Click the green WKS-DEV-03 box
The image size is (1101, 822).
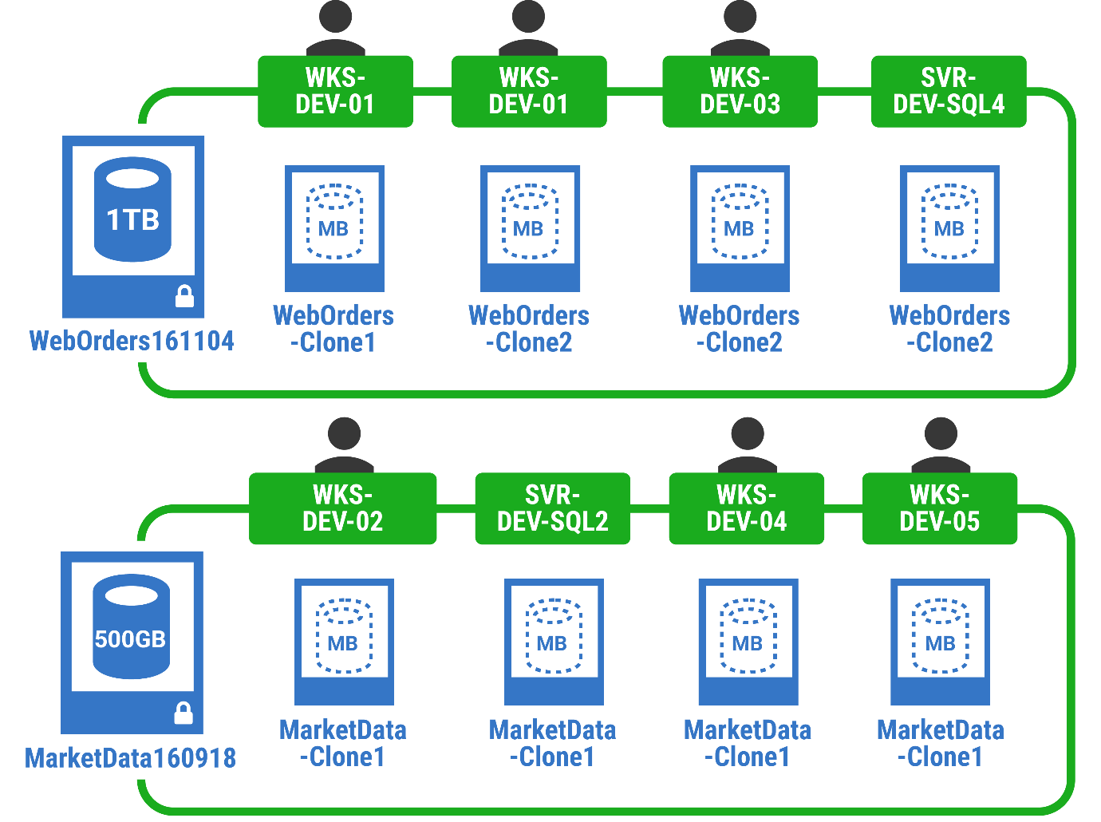click(x=740, y=91)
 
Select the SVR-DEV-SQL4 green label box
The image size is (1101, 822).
click(x=948, y=91)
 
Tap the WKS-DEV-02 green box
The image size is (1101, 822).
click(x=342, y=508)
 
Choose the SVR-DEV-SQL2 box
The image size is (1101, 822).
click(x=552, y=508)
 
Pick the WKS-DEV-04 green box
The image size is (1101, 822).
click(x=746, y=508)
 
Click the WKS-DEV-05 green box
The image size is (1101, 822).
click(x=939, y=508)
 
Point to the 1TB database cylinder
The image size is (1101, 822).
click(x=132, y=209)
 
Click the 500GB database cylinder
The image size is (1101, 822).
click(x=131, y=629)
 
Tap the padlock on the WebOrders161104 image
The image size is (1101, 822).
click(x=184, y=296)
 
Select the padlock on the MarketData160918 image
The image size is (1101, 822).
click(x=183, y=713)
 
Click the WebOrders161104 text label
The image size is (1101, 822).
click(x=132, y=341)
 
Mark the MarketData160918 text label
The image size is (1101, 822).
click(x=130, y=757)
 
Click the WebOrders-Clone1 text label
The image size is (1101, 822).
click(x=333, y=329)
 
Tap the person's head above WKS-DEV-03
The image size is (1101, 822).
click(x=740, y=16)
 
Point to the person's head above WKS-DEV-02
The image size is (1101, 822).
click(x=344, y=434)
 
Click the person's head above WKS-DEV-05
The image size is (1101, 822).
click(x=941, y=434)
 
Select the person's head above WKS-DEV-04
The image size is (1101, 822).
click(x=748, y=434)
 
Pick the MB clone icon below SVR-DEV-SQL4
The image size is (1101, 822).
click(x=949, y=222)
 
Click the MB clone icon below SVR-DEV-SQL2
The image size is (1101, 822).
click(x=553, y=636)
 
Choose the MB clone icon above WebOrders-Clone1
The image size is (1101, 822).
click(x=334, y=222)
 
